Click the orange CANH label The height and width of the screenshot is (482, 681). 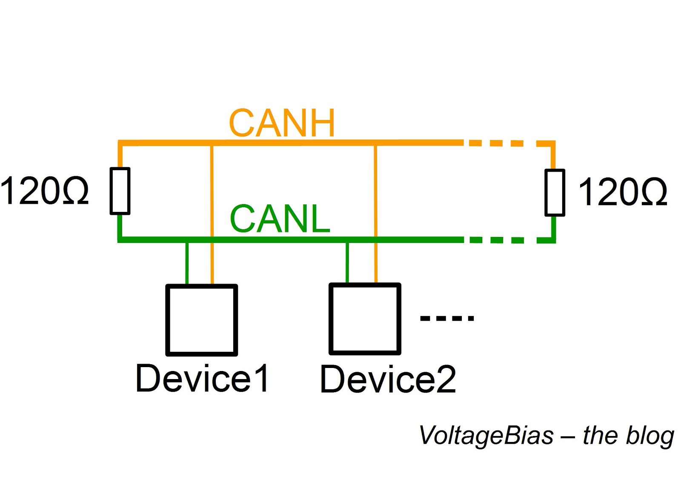[282, 123]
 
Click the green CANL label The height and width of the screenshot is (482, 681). [280, 219]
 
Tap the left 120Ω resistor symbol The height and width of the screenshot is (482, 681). [120, 191]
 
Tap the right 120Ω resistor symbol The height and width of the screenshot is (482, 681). [555, 192]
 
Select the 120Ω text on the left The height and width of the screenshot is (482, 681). [44, 191]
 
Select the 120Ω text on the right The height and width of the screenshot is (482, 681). [623, 192]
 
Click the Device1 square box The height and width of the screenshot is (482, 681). [201, 320]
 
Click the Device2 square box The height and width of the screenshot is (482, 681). [365, 319]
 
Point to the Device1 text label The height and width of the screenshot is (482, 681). [202, 378]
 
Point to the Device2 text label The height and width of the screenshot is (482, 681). [388, 379]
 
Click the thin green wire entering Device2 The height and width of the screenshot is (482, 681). [347, 263]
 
